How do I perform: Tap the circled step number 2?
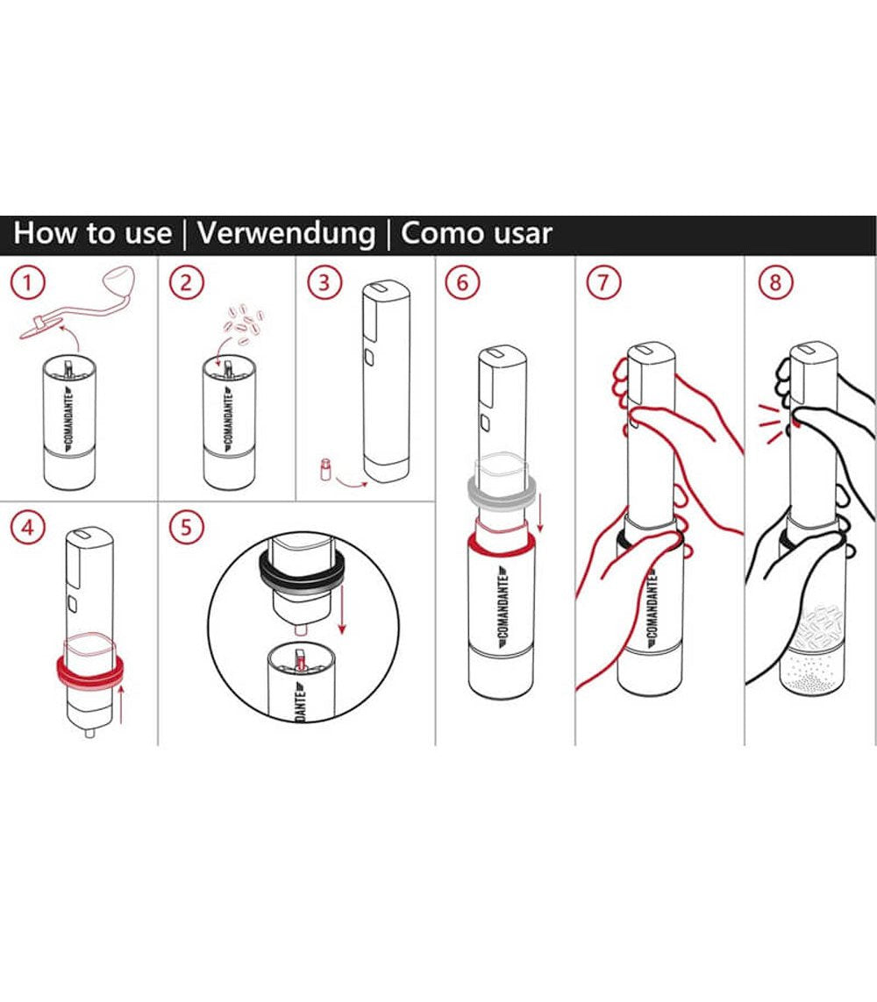pyautogui.click(x=187, y=283)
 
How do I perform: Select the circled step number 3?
pyautogui.click(x=325, y=283)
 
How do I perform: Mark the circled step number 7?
pyautogui.click(x=602, y=283)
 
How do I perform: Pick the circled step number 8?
pyautogui.click(x=776, y=283)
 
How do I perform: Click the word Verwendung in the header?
pyautogui.click(x=286, y=234)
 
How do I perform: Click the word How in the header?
pyautogui.click(x=51, y=234)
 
